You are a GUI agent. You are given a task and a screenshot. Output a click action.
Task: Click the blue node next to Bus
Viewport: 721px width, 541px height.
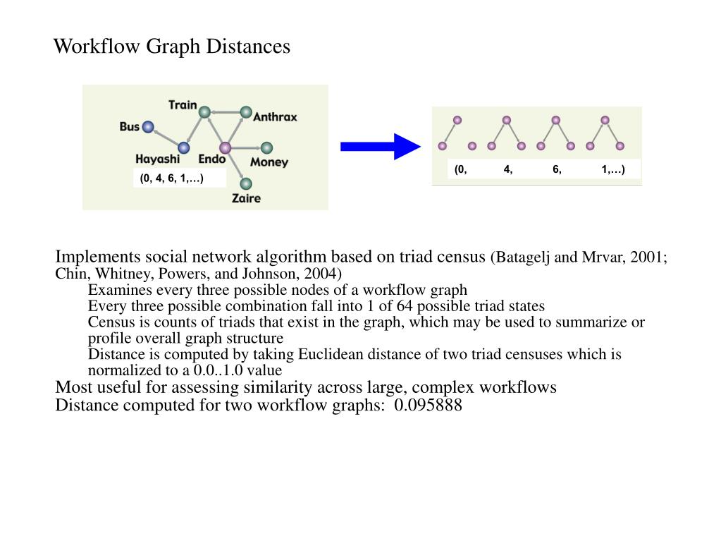pyautogui.click(x=147, y=127)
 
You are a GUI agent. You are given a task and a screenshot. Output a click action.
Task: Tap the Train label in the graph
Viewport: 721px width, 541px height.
pyautogui.click(x=183, y=104)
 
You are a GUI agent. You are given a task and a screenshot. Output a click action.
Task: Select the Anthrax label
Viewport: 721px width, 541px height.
pyautogui.click(x=275, y=117)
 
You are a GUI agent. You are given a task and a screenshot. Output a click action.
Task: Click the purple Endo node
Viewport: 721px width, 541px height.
pyautogui.click(x=225, y=148)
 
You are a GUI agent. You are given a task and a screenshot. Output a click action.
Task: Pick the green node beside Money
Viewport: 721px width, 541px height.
pyautogui.click(x=266, y=148)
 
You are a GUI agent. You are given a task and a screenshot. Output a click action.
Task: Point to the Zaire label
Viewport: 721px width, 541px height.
pyautogui.click(x=246, y=198)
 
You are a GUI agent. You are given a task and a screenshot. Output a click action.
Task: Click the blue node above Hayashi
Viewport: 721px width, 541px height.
pyautogui.click(x=184, y=147)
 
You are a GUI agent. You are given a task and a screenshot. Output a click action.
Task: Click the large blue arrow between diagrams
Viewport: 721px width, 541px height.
pyautogui.click(x=380, y=147)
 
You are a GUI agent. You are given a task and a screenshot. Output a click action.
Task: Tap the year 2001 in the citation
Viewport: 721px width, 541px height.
pyautogui.click(x=646, y=257)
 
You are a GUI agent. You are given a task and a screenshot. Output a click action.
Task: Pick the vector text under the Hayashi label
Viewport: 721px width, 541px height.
pyautogui.click(x=171, y=178)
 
